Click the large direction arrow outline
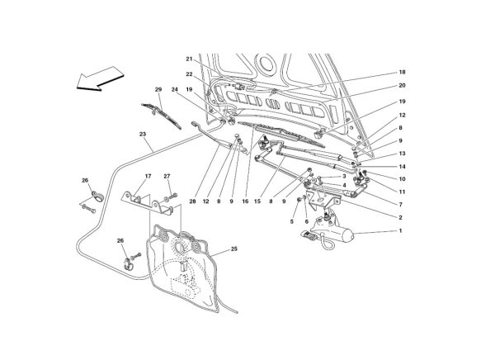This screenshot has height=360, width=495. [101, 79]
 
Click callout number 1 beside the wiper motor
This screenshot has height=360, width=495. [401, 230]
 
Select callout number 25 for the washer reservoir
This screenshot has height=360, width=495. [233, 249]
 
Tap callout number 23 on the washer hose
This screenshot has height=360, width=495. [143, 134]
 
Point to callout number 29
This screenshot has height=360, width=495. [158, 90]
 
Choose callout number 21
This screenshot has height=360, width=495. [189, 59]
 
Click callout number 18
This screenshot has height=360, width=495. [402, 72]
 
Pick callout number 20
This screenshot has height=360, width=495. [402, 85]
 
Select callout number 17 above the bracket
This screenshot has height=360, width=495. [148, 176]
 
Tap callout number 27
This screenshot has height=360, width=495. [167, 176]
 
